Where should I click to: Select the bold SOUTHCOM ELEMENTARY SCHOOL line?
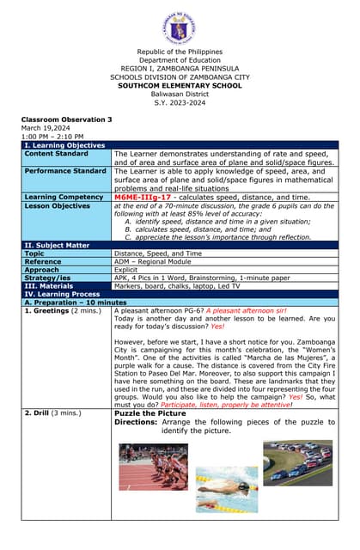point(180,85)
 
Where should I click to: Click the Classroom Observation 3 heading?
point(67,119)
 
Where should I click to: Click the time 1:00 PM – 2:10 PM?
point(52,136)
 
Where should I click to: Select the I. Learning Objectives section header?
point(64,145)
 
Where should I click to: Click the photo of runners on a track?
point(153,467)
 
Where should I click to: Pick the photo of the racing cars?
point(297,462)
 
